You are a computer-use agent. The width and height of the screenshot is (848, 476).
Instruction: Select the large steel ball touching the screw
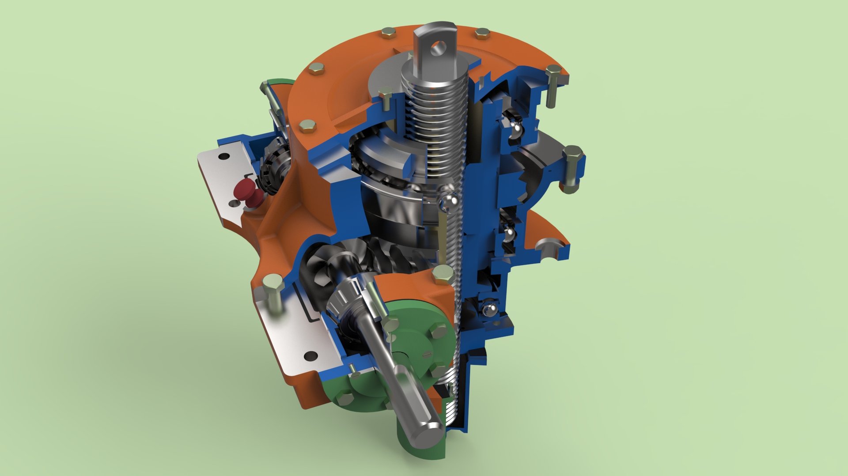pos(448,201)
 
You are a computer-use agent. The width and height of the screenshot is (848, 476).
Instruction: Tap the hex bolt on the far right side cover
pos(572,168)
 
